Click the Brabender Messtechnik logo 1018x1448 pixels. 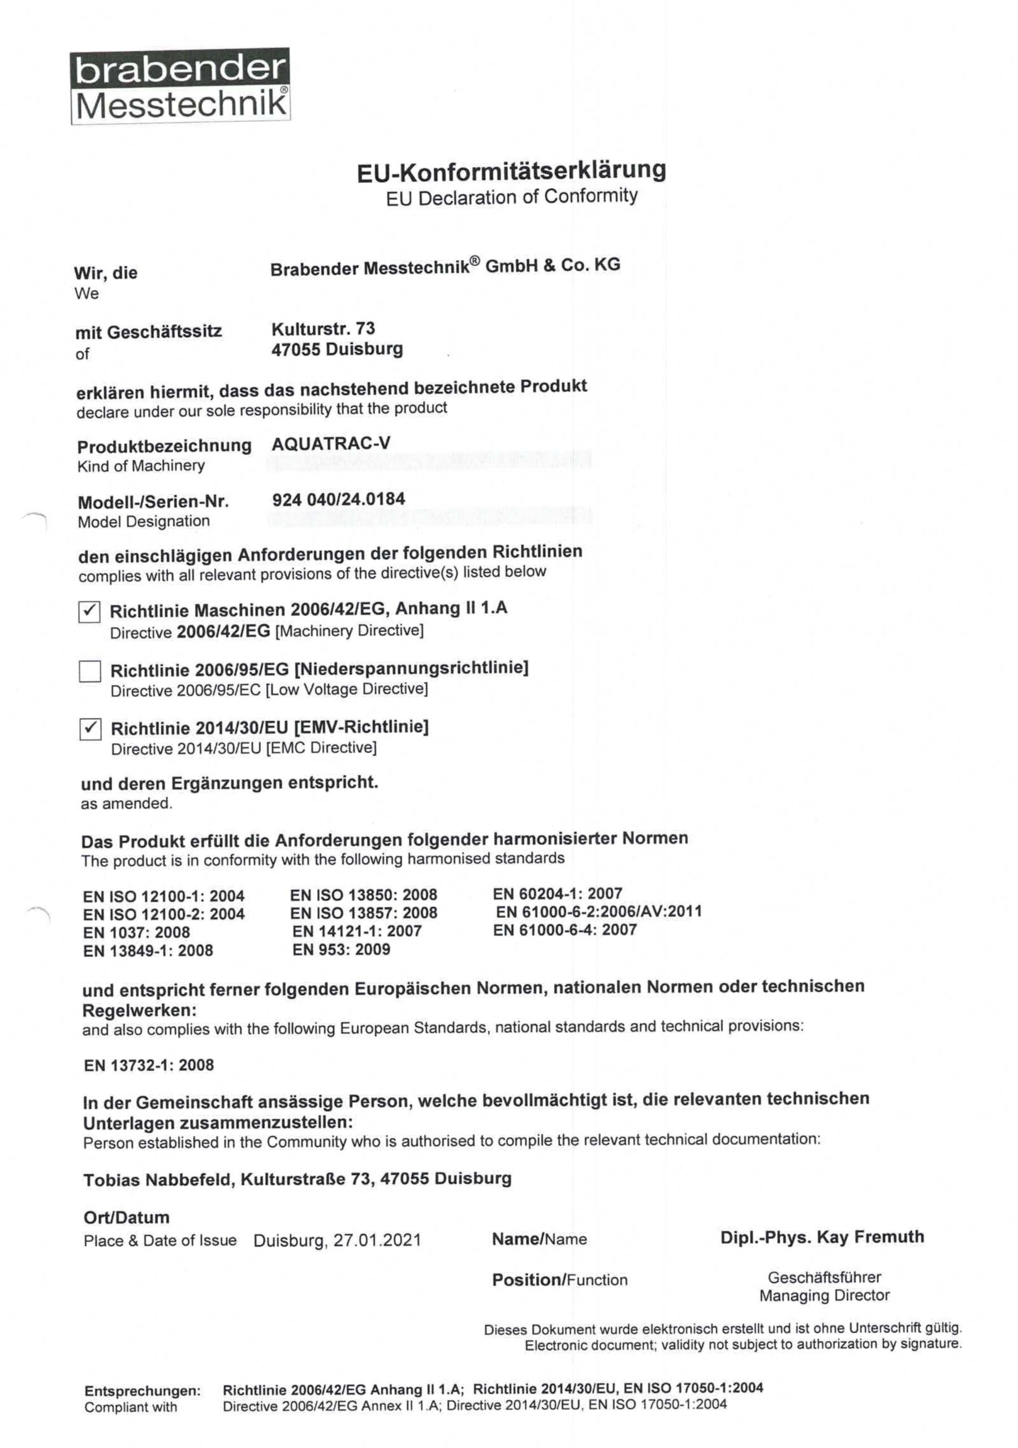click(x=180, y=86)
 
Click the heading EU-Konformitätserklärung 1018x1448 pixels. click(x=511, y=171)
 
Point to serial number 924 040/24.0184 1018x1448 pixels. click(x=338, y=499)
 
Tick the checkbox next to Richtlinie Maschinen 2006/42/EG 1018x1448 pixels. click(x=89, y=611)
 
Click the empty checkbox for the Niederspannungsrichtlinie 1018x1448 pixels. click(x=89, y=671)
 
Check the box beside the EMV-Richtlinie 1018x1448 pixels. click(x=90, y=729)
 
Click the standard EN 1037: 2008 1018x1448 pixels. click(x=136, y=932)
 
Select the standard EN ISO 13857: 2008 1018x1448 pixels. click(x=363, y=912)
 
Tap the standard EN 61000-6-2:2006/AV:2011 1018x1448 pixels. click(x=598, y=911)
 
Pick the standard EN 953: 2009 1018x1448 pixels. click(x=341, y=949)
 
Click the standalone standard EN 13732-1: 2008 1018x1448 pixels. click(x=149, y=1065)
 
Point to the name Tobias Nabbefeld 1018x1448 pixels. click(x=157, y=1179)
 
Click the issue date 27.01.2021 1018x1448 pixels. click(x=377, y=1240)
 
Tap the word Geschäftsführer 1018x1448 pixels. click(x=824, y=1277)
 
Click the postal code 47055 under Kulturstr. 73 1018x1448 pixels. click(x=295, y=350)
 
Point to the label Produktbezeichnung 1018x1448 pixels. click(x=164, y=446)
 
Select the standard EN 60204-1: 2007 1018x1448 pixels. click(x=558, y=893)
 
